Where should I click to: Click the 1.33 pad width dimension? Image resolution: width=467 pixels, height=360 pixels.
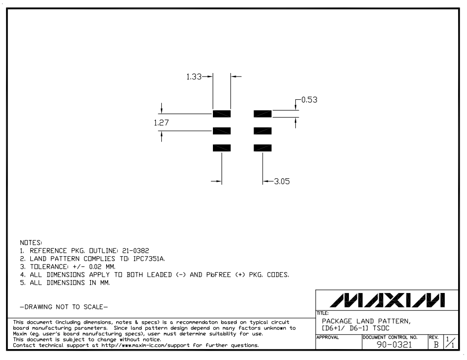(194, 76)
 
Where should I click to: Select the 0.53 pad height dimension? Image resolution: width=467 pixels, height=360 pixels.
(310, 99)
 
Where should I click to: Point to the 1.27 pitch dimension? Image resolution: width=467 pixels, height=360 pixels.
(161, 123)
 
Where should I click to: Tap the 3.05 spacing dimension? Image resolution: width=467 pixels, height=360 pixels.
(282, 181)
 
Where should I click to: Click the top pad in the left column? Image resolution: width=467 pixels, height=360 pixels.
(221, 114)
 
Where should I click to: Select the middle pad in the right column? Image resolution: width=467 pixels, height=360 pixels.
(263, 131)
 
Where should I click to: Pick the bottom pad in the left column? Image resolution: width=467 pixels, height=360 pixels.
(221, 148)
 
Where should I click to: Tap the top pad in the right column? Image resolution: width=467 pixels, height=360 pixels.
(263, 114)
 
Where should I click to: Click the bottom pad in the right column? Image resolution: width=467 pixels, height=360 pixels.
(263, 148)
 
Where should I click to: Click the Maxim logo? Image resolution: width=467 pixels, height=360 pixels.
(387, 300)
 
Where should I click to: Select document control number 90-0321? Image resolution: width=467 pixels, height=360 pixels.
(395, 345)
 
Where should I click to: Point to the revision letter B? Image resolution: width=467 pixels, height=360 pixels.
(436, 345)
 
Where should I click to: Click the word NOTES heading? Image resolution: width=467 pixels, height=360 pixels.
(31, 243)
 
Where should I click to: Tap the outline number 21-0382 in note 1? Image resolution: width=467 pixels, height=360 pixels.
(135, 251)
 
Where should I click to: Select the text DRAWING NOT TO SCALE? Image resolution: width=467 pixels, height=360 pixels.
(64, 307)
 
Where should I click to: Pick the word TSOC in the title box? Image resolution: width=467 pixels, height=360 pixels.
(381, 328)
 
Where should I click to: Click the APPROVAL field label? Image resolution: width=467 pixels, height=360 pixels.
(328, 337)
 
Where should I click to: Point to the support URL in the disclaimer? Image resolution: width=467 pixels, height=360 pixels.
(145, 346)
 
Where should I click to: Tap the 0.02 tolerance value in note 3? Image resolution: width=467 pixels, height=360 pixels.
(95, 267)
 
